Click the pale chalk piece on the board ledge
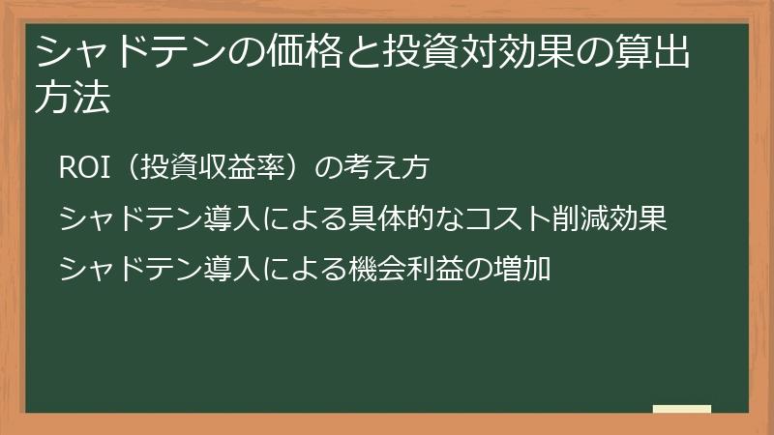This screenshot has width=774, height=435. (x=681, y=409)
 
